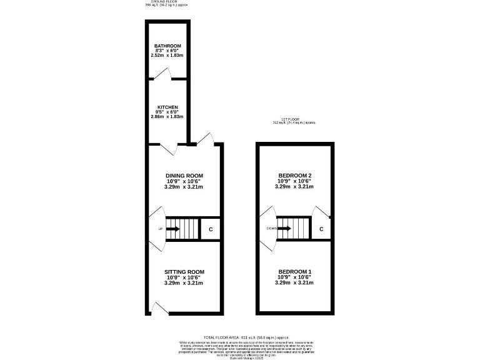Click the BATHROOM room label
click(x=167, y=46)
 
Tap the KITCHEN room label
click(x=167, y=107)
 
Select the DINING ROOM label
click(x=184, y=176)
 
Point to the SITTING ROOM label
click(x=184, y=272)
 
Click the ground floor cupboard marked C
click(x=211, y=229)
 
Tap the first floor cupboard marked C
click(x=321, y=229)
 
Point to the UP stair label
click(x=160, y=229)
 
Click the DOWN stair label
click(x=271, y=229)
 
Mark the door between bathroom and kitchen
click(x=162, y=75)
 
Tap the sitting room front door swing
click(x=156, y=308)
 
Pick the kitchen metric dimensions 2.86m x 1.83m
click(x=167, y=117)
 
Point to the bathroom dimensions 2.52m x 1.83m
click(x=167, y=56)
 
